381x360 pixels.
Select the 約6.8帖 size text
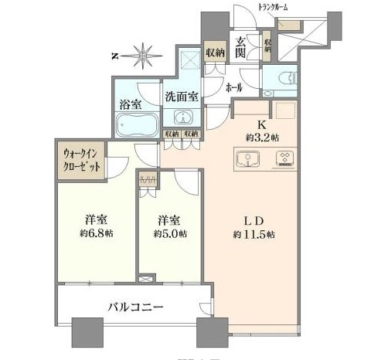click(94, 233)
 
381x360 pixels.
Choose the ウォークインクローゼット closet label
click(80, 159)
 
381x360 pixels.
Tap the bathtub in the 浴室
click(135, 123)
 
